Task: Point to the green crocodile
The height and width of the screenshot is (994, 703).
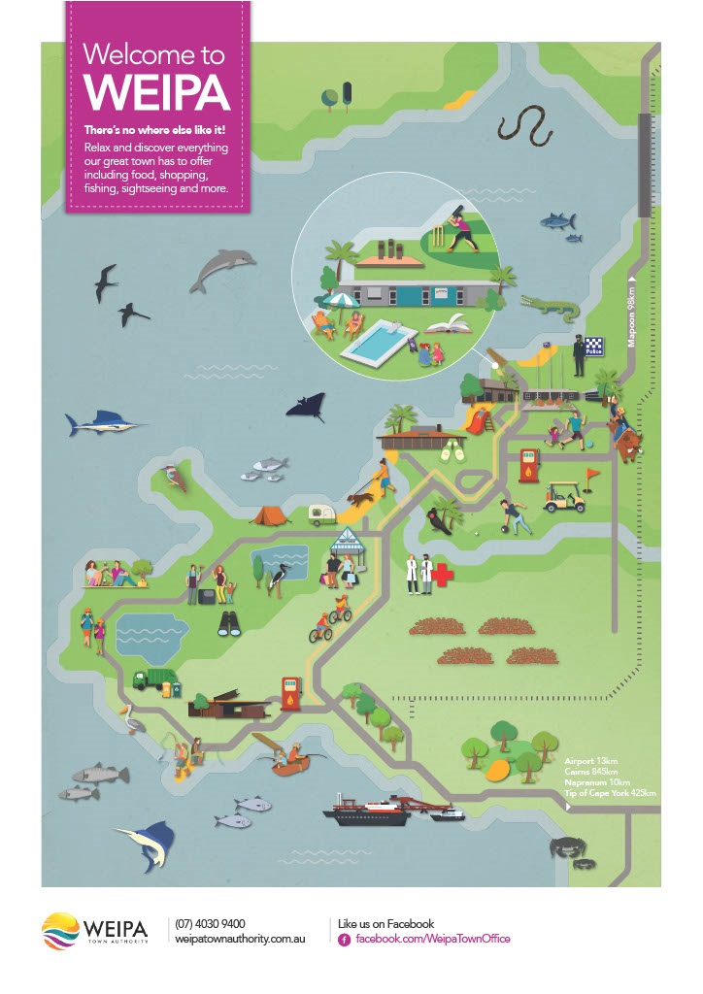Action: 551,307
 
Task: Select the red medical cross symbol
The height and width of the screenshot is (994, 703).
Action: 443,576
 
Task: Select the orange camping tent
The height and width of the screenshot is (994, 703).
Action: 270,514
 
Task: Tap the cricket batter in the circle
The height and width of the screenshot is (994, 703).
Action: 461,228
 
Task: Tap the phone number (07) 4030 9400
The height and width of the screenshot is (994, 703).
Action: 210,924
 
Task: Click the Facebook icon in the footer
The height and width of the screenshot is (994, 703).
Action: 344,940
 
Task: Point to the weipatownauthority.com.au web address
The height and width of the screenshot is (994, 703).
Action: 240,941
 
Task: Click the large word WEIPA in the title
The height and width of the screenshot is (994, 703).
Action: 156,90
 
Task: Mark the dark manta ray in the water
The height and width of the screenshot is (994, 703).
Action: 307,405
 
